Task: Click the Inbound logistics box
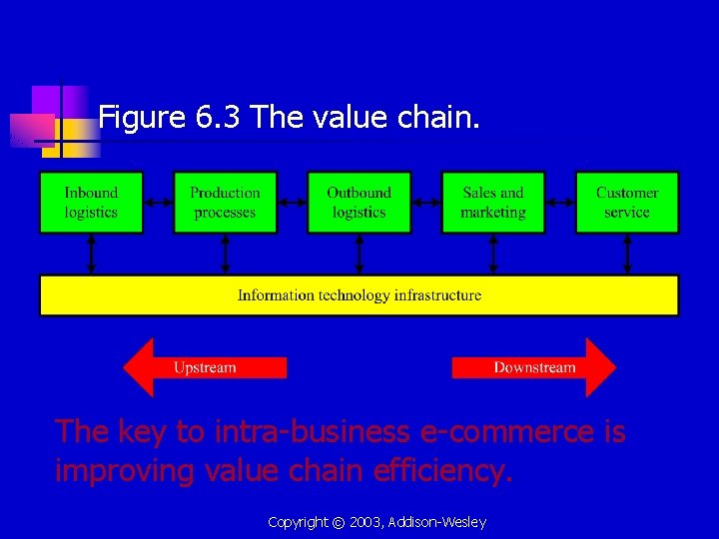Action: coord(91,203)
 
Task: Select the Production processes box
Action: coord(225,203)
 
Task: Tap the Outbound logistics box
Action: coord(359,203)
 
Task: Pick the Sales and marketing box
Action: coord(493,203)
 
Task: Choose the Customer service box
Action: coord(627,203)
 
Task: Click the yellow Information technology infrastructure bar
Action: coord(359,295)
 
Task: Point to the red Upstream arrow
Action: coord(204,367)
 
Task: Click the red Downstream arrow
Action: coord(534,367)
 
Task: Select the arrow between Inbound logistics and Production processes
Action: coord(158,203)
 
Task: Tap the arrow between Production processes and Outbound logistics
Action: coord(292,203)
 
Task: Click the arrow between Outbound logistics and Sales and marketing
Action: coord(426,203)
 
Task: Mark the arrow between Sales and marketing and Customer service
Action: coord(560,203)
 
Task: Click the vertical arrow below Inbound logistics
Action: coord(91,255)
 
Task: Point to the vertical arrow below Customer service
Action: coord(627,255)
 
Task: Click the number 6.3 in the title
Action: coord(219,119)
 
